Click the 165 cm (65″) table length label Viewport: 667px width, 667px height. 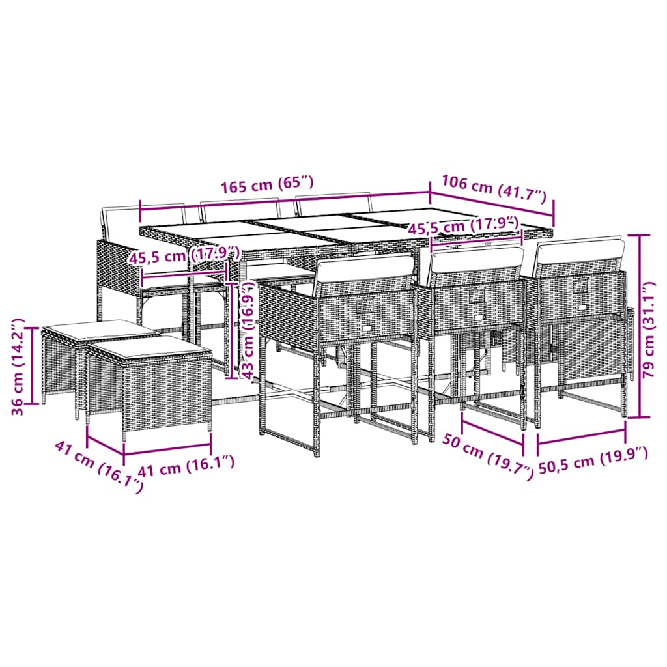click(x=266, y=185)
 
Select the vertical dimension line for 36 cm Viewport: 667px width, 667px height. click(x=32, y=365)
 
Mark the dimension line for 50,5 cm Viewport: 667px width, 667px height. click(x=582, y=438)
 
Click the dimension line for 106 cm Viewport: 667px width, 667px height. click(x=492, y=203)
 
